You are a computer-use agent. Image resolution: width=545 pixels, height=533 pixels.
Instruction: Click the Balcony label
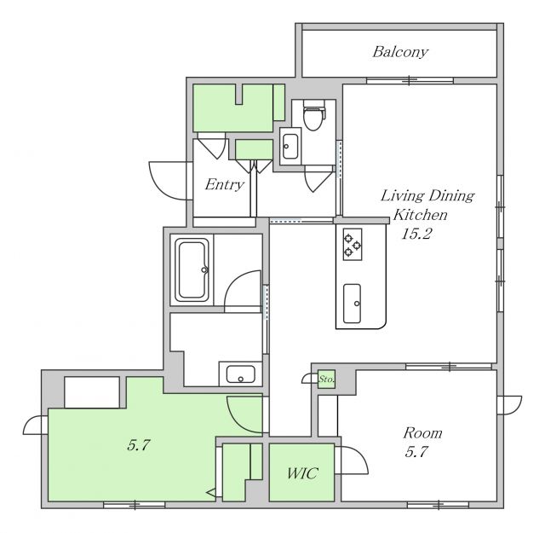point(400,52)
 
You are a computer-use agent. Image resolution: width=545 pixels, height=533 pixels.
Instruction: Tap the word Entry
point(225,184)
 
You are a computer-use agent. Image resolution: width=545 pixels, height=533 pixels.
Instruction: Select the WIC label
point(302,473)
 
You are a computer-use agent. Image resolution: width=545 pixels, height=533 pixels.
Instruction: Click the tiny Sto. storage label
point(327,379)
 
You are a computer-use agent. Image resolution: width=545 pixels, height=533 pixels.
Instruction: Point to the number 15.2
point(416,234)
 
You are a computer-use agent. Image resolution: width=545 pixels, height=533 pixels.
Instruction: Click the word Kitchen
point(420,215)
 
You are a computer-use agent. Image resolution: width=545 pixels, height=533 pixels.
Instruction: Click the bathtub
point(192,269)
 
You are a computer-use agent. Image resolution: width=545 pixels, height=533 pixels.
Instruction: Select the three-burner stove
point(353,245)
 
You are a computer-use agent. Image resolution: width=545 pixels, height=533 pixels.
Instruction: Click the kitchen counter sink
point(352,304)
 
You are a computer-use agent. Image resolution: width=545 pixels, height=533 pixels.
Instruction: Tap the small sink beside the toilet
point(290,146)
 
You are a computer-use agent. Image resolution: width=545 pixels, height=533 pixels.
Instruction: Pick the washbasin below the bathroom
point(240,374)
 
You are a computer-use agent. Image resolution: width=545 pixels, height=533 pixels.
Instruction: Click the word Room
point(422,433)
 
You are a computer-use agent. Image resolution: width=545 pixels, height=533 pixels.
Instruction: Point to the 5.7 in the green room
point(138,445)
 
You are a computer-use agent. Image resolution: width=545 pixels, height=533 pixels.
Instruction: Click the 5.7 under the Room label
point(416,452)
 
